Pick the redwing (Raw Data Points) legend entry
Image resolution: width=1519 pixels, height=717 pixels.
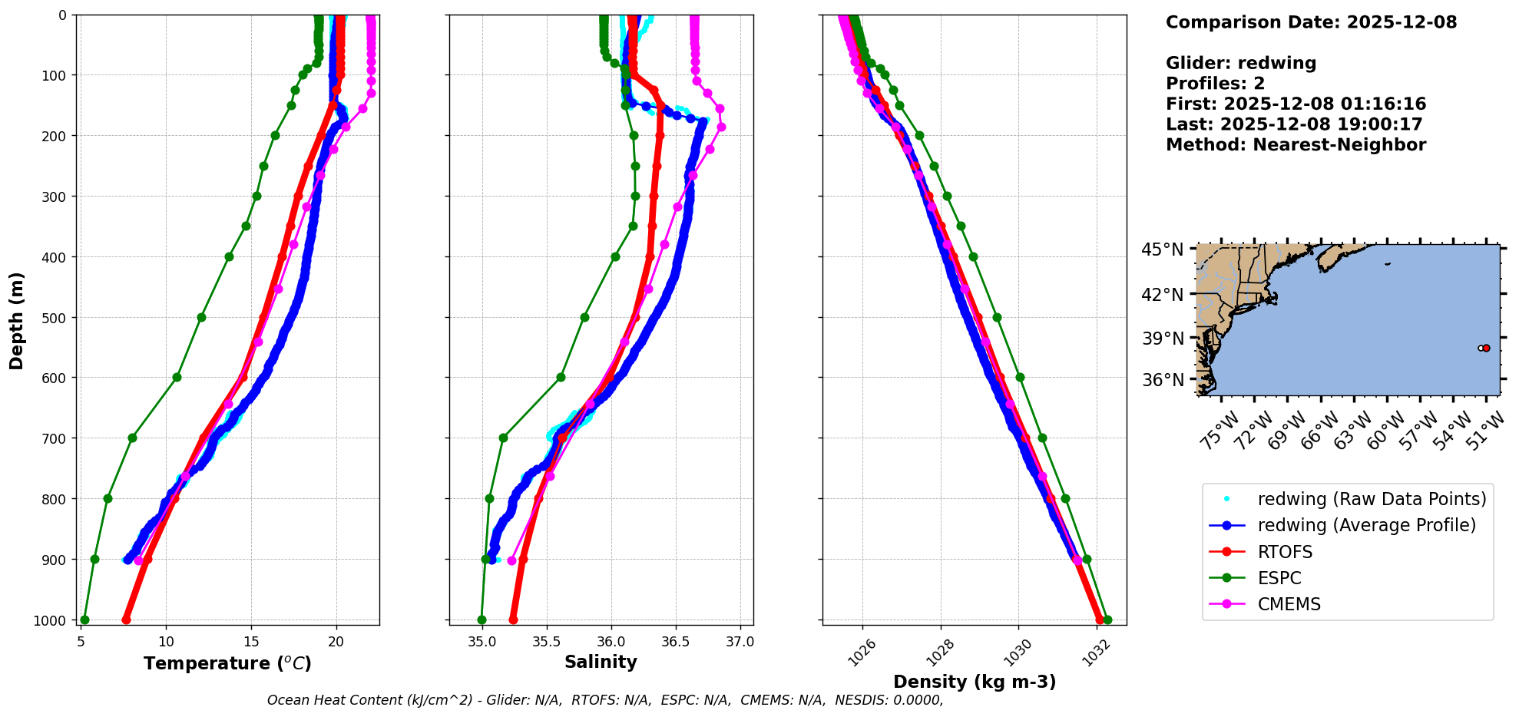click(1372, 499)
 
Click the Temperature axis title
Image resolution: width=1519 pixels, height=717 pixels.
click(227, 663)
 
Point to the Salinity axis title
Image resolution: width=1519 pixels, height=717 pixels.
click(601, 662)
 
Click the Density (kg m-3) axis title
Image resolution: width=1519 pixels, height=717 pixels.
click(975, 682)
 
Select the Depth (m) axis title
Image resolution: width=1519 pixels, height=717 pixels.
click(16, 320)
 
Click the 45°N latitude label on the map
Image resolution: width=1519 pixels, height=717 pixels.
click(1162, 249)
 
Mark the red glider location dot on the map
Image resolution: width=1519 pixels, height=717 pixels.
click(1486, 348)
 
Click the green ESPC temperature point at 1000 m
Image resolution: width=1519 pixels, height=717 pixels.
click(84, 620)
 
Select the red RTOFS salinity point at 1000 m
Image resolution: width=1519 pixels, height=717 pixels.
click(513, 620)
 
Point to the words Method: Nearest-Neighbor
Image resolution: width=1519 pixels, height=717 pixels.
click(1296, 145)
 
